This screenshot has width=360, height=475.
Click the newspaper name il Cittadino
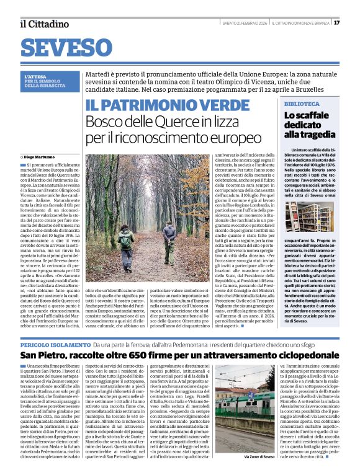pos(43,24)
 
